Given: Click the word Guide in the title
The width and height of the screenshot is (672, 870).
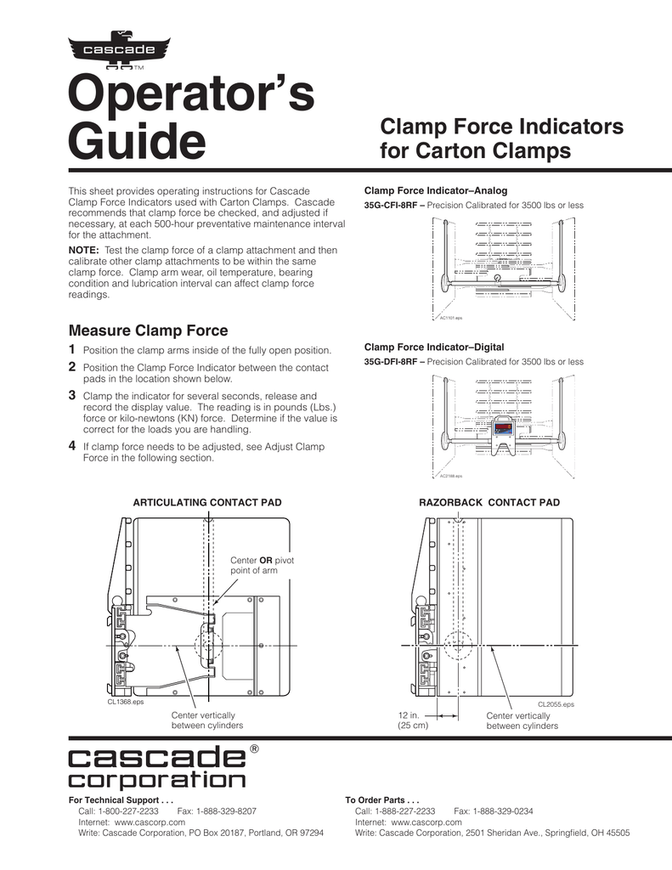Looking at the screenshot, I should click(136, 142).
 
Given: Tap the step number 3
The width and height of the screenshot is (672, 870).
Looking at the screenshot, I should click(71, 395).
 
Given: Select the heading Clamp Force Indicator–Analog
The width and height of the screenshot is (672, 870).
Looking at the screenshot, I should click(435, 190).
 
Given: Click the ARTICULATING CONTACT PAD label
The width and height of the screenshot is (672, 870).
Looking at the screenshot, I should click(207, 503).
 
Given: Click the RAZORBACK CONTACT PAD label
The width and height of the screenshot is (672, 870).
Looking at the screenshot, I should click(489, 503).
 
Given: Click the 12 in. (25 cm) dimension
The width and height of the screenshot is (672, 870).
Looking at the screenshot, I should click(413, 721).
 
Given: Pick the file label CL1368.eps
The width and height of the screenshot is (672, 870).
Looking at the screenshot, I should click(126, 703).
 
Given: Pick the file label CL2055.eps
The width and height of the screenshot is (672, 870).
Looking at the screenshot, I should click(556, 704).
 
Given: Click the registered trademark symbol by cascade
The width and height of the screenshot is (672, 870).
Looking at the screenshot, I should click(252, 749).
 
